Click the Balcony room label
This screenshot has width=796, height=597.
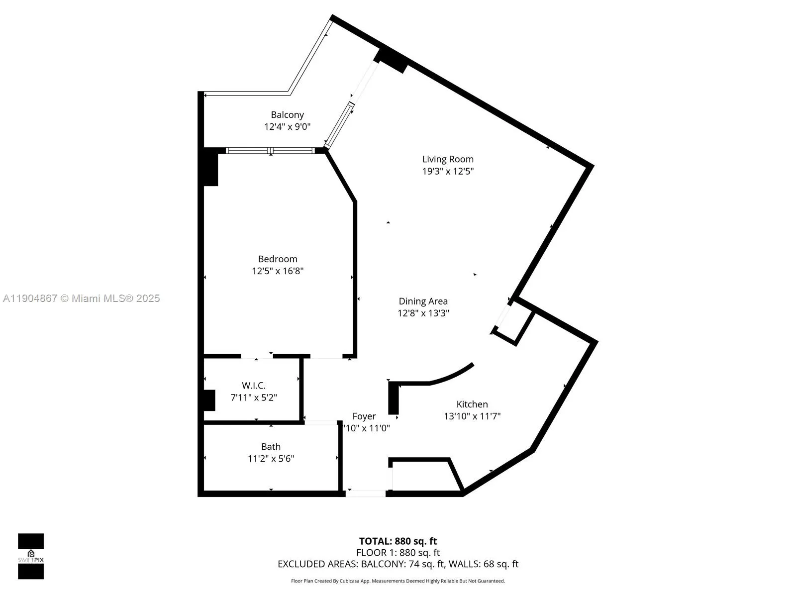tap(287, 115)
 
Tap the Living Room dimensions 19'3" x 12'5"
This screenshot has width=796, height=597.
tap(448, 171)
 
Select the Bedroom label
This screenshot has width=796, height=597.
tap(278, 259)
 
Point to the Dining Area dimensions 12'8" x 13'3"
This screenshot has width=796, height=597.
tap(423, 313)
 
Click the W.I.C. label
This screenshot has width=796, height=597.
tap(254, 386)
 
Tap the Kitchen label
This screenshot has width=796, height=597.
tap(472, 404)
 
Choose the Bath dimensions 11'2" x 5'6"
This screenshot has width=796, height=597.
tap(271, 459)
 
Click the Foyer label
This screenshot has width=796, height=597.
tap(364, 416)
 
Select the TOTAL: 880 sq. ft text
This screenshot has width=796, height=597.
tap(398, 541)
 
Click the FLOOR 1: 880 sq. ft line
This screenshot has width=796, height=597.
tap(398, 553)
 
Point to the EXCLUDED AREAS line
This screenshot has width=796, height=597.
tap(398, 564)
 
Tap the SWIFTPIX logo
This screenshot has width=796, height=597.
tap(31, 556)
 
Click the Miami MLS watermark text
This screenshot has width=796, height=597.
tap(81, 298)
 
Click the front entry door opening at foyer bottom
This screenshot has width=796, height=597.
tap(366, 494)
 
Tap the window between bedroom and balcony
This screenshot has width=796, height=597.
tap(271, 150)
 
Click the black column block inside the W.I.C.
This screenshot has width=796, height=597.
tap(209, 400)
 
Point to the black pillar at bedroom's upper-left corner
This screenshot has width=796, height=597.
tap(210, 168)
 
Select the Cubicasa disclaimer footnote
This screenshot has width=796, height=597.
tap(398, 581)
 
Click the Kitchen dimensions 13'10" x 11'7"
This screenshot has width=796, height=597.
tap(472, 416)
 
